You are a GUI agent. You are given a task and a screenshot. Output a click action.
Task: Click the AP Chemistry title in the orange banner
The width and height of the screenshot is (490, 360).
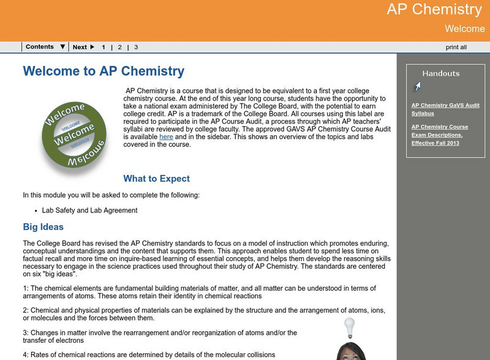point(434,10)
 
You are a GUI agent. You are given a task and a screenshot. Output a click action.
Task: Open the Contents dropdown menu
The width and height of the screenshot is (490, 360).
point(45,47)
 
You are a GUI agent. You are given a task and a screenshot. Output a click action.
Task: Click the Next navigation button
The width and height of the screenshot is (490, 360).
point(83,47)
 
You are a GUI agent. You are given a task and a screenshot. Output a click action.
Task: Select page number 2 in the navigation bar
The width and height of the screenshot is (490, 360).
point(120,47)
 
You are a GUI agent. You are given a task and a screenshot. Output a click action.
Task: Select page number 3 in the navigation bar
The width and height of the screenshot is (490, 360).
point(136,47)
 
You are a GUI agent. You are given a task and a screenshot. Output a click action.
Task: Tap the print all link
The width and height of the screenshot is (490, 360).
point(456,47)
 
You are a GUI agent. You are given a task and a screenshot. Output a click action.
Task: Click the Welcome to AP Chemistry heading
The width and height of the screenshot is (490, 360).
point(104,71)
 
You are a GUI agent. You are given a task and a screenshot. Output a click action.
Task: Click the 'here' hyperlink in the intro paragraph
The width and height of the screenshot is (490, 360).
point(166,137)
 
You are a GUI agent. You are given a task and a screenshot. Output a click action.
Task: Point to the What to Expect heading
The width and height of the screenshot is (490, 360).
point(157,179)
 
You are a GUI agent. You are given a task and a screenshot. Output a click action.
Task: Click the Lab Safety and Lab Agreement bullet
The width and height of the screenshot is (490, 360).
point(89,211)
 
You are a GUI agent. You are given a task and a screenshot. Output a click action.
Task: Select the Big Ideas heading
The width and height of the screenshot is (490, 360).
point(43,227)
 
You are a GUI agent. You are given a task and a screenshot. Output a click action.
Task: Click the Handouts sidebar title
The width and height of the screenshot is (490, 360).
point(441,73)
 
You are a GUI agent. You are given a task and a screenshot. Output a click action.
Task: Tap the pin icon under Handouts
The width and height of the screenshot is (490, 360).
point(417,87)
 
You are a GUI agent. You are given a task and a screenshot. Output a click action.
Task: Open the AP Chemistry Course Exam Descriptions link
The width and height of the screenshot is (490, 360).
point(440,135)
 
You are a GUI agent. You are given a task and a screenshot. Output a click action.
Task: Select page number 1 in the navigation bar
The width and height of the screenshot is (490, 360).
point(104,47)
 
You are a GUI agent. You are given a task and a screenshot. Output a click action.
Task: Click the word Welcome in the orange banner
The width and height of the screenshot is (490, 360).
point(464,29)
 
